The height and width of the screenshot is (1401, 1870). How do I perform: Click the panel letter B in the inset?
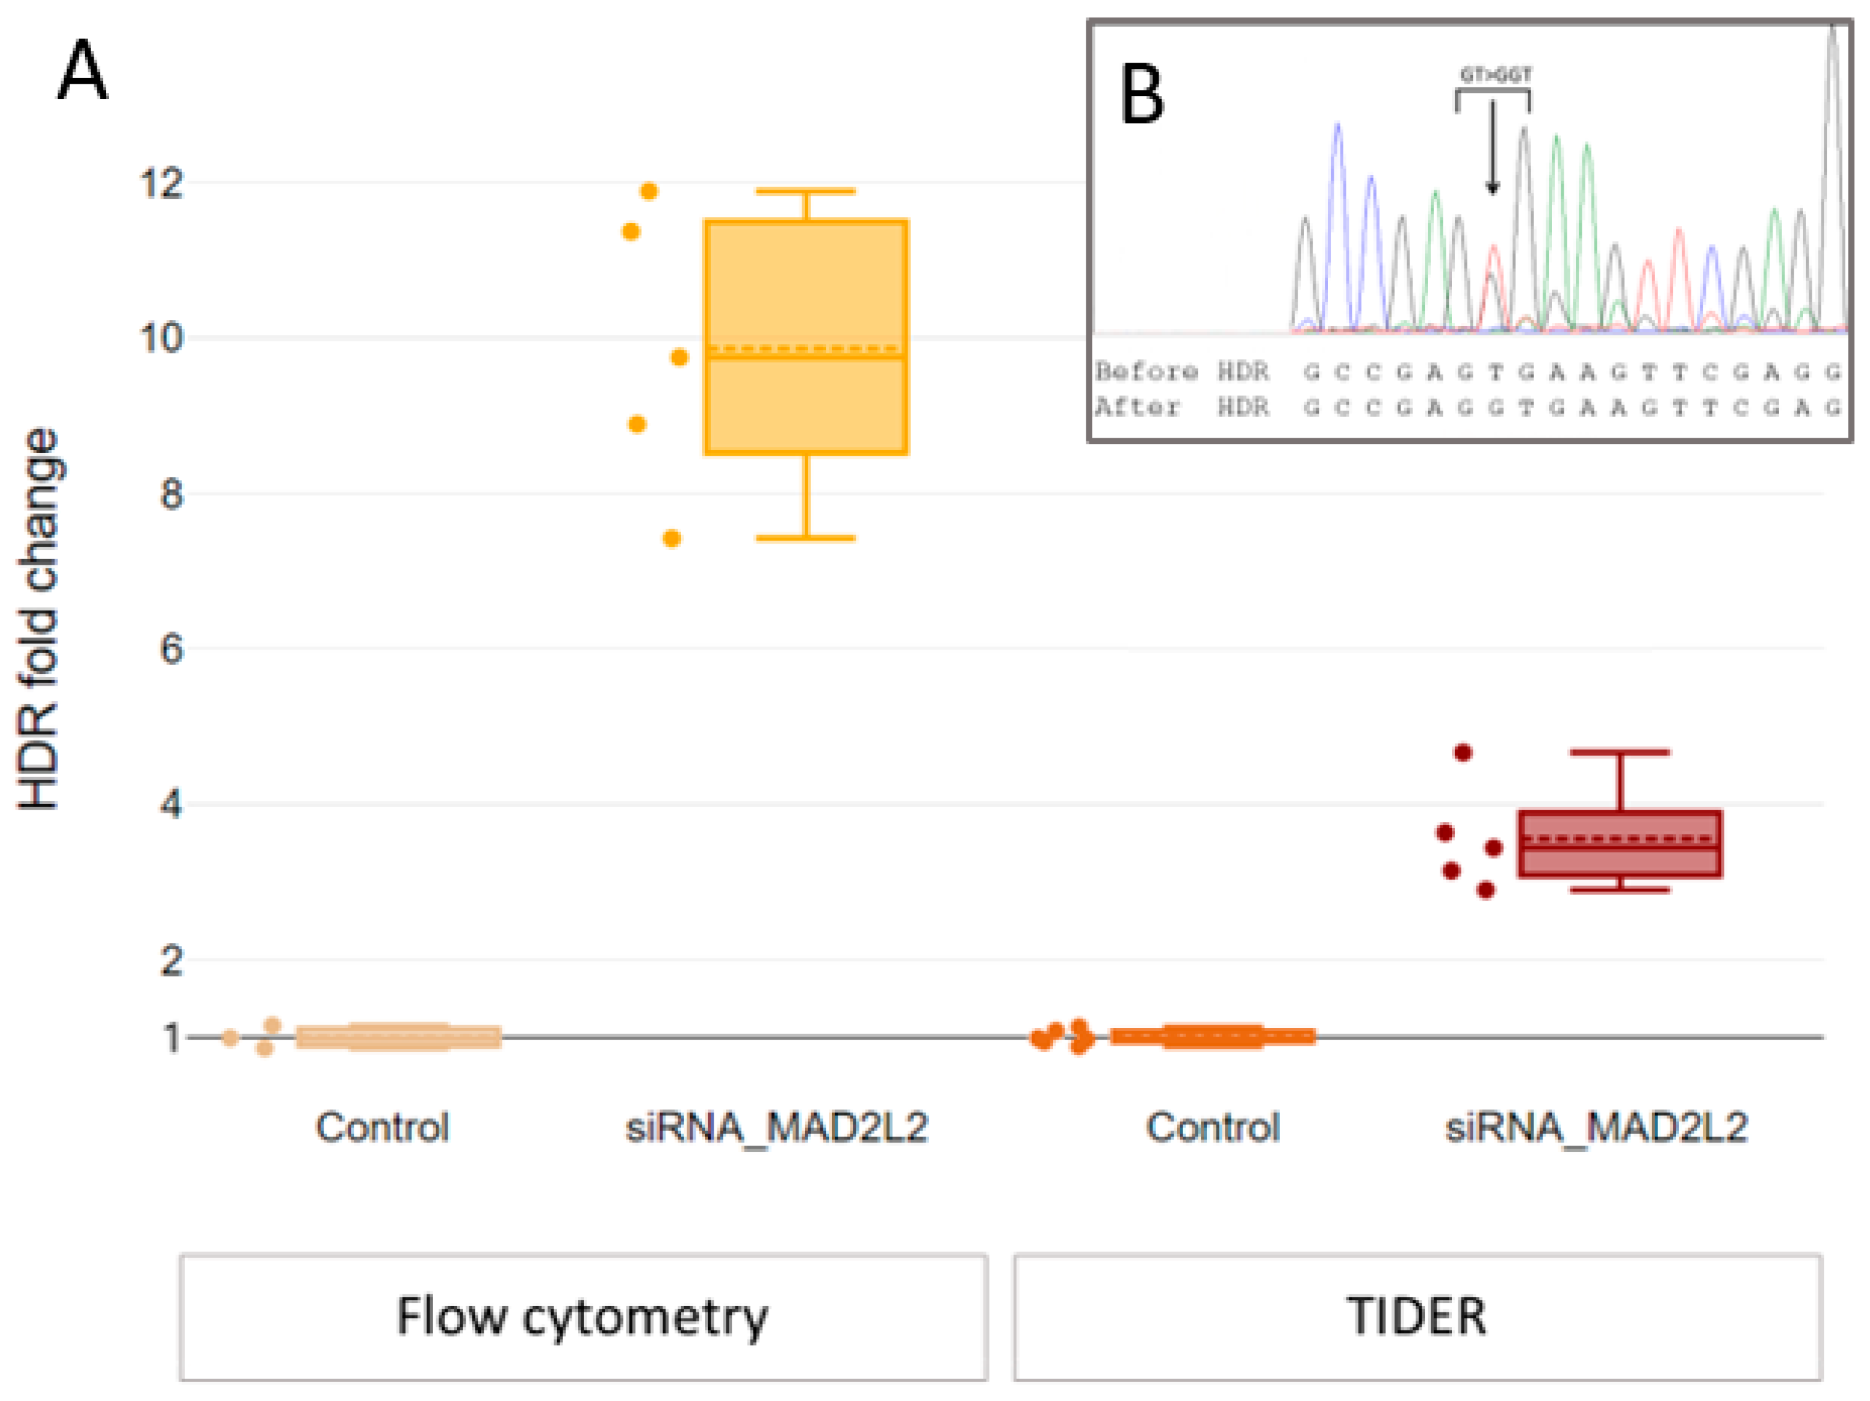click(1141, 95)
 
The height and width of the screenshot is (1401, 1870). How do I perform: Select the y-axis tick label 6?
click(172, 649)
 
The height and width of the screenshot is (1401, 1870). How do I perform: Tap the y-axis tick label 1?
click(172, 1038)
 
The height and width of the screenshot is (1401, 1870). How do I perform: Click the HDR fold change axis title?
click(39, 619)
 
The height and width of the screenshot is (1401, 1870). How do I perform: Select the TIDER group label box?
click(1417, 1317)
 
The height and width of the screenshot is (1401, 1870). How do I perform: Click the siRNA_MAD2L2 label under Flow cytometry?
click(776, 1127)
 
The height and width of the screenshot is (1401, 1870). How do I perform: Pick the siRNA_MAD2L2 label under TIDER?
click(1596, 1127)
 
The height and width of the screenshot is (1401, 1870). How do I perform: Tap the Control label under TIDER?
click(1213, 1127)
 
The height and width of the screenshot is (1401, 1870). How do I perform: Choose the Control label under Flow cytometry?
click(382, 1127)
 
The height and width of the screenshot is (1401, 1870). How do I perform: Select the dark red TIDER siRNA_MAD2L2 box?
click(1620, 844)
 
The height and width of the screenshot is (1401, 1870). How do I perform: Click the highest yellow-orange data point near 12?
click(649, 192)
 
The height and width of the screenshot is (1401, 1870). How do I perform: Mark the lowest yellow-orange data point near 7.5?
click(672, 538)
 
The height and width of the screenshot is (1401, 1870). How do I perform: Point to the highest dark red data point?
click(1463, 752)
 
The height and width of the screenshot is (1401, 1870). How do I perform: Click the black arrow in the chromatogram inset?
click(1493, 148)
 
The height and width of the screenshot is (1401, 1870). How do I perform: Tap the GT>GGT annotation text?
click(1496, 75)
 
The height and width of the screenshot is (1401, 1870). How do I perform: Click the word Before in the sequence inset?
click(1146, 371)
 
